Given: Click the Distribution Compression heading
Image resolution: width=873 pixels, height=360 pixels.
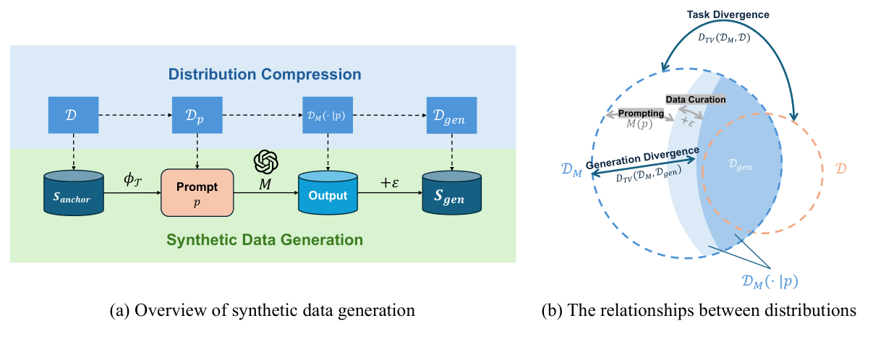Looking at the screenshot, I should pos(264,74).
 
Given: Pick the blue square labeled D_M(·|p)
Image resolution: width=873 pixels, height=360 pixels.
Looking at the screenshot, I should pos(328,115).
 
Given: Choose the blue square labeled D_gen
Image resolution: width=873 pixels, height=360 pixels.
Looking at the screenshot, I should pos(451,115).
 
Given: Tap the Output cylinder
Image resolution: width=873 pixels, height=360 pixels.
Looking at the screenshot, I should pos(328,194).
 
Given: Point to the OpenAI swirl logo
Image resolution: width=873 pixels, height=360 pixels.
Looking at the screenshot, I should pos(266,161).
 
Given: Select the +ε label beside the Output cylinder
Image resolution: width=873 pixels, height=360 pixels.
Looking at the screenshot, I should pos(390,184).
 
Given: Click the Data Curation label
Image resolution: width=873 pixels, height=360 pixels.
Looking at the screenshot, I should pos(696,99).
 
